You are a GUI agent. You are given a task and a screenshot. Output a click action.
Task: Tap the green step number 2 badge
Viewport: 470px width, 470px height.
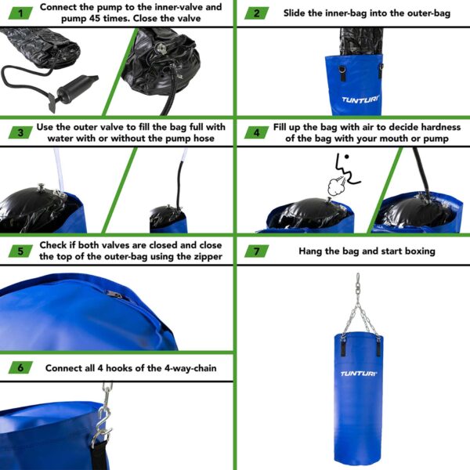256,13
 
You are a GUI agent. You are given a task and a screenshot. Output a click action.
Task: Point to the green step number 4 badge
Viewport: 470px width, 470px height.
256,132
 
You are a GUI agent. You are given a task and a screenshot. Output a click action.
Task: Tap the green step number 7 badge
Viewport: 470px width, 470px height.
256,251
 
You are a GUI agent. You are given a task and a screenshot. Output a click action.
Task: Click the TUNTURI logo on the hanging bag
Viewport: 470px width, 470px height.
359,374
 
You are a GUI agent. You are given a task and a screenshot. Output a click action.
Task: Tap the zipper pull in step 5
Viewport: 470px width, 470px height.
115,295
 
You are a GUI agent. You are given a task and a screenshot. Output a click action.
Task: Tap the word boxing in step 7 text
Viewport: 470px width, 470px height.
416,251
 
